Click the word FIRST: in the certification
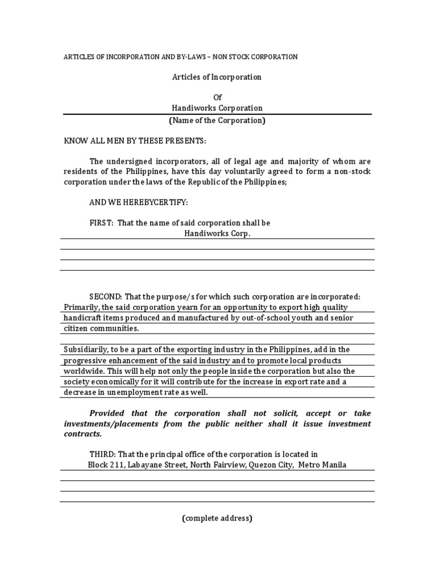[101, 223]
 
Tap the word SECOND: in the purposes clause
[105, 296]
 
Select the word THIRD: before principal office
[103, 454]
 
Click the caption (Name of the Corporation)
[217, 120]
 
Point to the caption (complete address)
[217, 518]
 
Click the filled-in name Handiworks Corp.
[217, 233]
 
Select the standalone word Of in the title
[217, 97]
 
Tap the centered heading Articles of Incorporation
[217, 77]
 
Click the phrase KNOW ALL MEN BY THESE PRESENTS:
[134, 140]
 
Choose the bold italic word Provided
[112, 413]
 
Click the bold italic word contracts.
[83, 434]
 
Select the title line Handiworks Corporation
[217, 108]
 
